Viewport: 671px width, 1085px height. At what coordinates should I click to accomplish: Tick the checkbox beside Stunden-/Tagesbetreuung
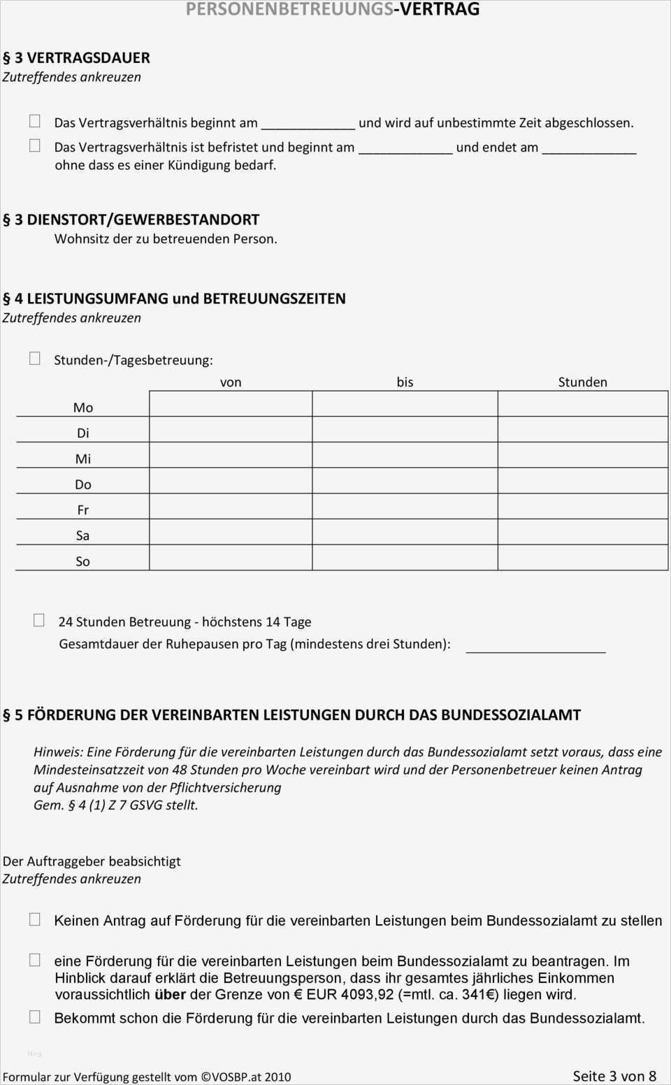coord(34,359)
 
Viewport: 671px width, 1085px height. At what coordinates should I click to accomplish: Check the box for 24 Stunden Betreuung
coord(39,620)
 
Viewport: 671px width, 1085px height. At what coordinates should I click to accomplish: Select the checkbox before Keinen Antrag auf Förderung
coord(34,919)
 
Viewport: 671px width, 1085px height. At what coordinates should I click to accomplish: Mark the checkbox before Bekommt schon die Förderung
coord(34,1017)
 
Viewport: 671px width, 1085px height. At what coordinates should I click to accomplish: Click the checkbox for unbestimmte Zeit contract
coord(34,121)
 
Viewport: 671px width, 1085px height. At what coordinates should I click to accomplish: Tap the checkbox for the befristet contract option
coord(34,145)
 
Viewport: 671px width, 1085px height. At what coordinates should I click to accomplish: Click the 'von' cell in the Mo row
coord(231,404)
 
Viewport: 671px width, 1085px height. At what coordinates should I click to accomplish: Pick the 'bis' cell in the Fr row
coord(405,507)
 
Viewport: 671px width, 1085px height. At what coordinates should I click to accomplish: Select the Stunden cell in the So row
coord(582,558)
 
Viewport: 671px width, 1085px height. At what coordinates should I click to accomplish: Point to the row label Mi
coord(83,459)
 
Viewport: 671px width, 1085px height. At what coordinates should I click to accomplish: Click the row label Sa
coord(82,536)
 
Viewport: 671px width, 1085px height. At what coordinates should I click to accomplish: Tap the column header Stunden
coord(582,382)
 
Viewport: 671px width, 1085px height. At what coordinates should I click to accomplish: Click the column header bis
coord(405,382)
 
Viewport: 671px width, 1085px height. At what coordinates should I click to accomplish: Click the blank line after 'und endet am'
coord(589,148)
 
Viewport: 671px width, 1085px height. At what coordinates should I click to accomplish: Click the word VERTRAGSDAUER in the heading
coord(88,57)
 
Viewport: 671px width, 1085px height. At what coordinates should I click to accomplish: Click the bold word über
coord(170,994)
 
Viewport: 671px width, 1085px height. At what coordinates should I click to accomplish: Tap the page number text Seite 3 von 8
coord(614,1076)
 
